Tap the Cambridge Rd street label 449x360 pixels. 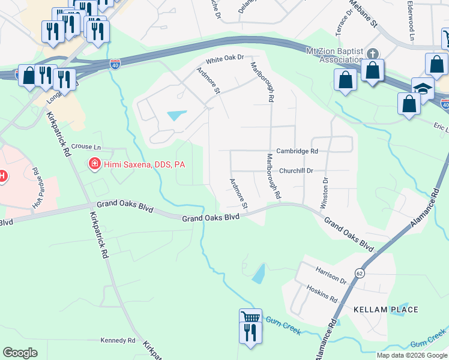point(297,152)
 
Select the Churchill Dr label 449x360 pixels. point(297,170)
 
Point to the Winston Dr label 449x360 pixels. point(325,193)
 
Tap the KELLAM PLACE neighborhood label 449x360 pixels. point(385,310)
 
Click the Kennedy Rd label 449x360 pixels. point(118,340)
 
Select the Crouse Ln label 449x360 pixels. point(86,146)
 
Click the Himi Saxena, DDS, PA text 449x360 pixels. point(144,164)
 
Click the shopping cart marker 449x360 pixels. point(250,317)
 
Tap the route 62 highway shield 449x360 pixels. point(360,272)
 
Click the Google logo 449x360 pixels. point(20,353)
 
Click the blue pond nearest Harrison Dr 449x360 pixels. point(259,274)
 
